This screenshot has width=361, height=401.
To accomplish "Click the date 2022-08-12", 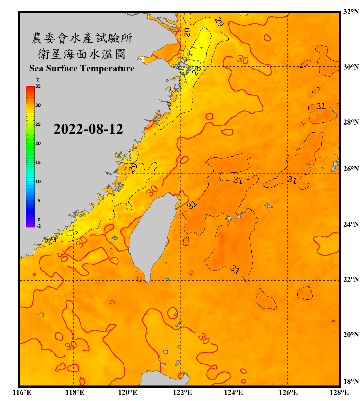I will (88, 129).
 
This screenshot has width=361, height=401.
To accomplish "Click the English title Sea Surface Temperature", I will (82, 68).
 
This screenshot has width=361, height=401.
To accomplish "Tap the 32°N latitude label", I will (351, 12).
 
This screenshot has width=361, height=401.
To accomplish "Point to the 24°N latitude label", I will (351, 224).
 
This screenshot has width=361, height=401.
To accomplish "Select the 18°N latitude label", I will (351, 381).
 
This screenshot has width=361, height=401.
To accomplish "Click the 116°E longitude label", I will (22, 392).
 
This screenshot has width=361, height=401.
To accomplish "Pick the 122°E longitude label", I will (182, 392).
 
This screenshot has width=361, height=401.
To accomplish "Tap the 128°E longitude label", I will (339, 392).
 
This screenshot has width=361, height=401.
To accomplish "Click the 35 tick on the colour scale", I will (38, 86).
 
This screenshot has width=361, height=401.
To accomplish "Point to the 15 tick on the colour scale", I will (38, 162).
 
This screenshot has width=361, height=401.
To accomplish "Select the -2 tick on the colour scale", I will (39, 226).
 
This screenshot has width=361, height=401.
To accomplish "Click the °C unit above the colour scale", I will (37, 80).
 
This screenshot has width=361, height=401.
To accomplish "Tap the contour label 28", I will (197, 71).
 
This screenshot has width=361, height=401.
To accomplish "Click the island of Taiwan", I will (151, 235).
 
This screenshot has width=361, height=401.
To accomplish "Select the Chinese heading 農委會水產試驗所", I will (82, 38).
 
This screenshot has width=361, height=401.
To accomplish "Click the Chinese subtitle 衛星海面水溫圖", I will (82, 54).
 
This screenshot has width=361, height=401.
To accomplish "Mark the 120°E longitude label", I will (128, 392).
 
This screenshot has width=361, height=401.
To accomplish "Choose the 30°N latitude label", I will (351, 67).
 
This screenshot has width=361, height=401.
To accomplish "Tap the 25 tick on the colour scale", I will (38, 124).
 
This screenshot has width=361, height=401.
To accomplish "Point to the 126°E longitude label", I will (288, 392).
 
